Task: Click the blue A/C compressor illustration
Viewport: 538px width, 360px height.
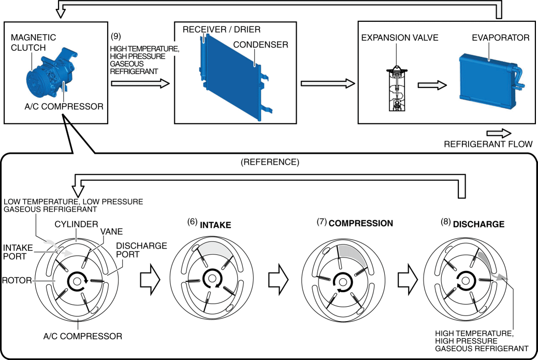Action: click(x=51, y=74)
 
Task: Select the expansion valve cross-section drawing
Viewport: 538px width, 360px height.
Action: click(x=397, y=89)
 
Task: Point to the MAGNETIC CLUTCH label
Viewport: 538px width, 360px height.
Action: click(x=33, y=42)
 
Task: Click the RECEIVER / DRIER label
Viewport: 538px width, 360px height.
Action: click(x=221, y=30)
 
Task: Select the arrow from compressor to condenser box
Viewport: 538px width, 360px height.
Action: click(x=140, y=83)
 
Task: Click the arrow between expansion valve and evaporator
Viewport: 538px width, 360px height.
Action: click(x=432, y=85)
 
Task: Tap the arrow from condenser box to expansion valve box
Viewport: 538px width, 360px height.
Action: click(x=328, y=83)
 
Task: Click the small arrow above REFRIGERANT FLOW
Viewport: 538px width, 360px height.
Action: click(x=499, y=134)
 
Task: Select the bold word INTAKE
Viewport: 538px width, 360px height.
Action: click(x=215, y=225)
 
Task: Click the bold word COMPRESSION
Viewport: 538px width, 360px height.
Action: click(x=360, y=223)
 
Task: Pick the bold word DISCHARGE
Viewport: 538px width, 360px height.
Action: click(x=478, y=224)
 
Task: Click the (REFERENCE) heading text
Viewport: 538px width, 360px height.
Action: click(x=270, y=162)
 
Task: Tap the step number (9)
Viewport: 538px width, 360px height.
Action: click(x=116, y=36)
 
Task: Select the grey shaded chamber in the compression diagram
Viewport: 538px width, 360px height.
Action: click(x=351, y=254)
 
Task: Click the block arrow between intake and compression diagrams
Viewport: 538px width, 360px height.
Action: click(x=278, y=279)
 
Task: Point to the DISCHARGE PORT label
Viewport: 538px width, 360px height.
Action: click(x=141, y=250)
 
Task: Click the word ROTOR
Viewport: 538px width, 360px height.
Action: click(x=17, y=280)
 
